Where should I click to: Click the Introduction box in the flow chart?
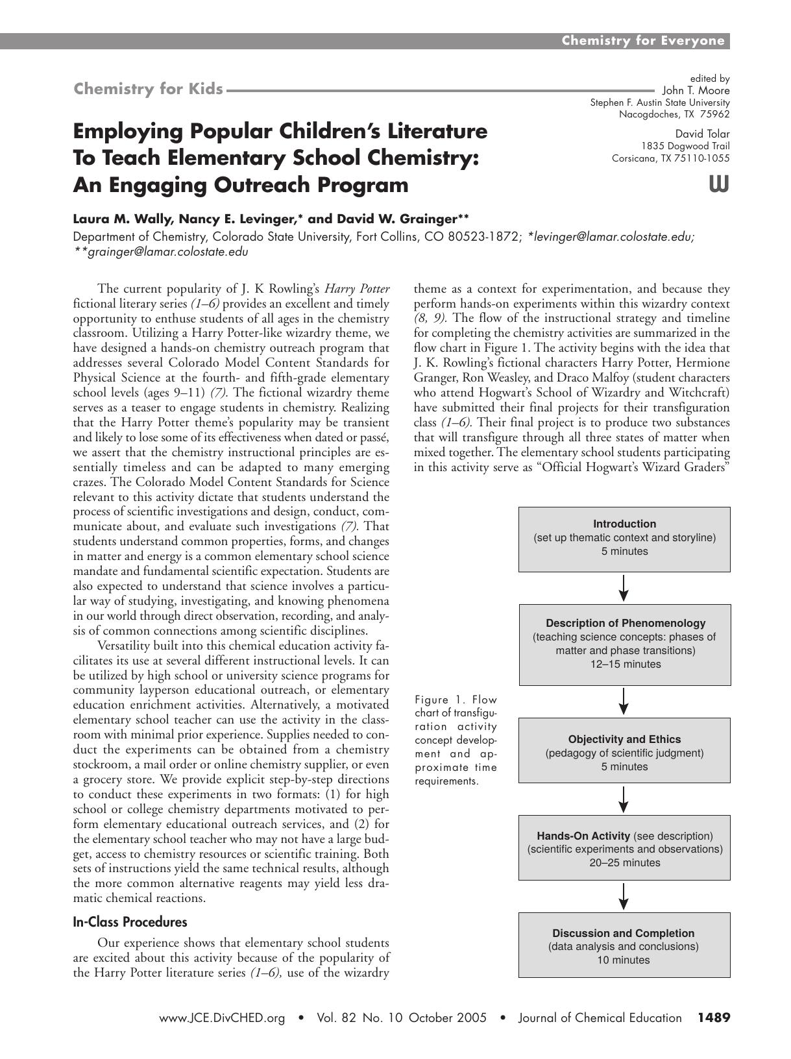coord(624,539)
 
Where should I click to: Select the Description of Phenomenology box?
coord(624,644)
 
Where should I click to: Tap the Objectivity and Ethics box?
coord(624,750)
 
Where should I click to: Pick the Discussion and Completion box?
coord(624,944)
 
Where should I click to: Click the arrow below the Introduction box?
coord(624,587)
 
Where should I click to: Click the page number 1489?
coord(714,1017)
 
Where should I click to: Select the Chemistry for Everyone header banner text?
coord(642,41)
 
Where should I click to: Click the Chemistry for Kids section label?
coord(149,89)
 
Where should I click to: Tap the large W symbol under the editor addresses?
coord(719,185)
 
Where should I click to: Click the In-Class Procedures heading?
coord(130,922)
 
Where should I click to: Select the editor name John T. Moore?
coord(696,91)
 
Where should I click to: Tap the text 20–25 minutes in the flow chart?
coord(624,863)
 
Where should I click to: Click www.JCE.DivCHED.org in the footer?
coord(222,1018)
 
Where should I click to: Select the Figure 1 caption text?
coord(456,740)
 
